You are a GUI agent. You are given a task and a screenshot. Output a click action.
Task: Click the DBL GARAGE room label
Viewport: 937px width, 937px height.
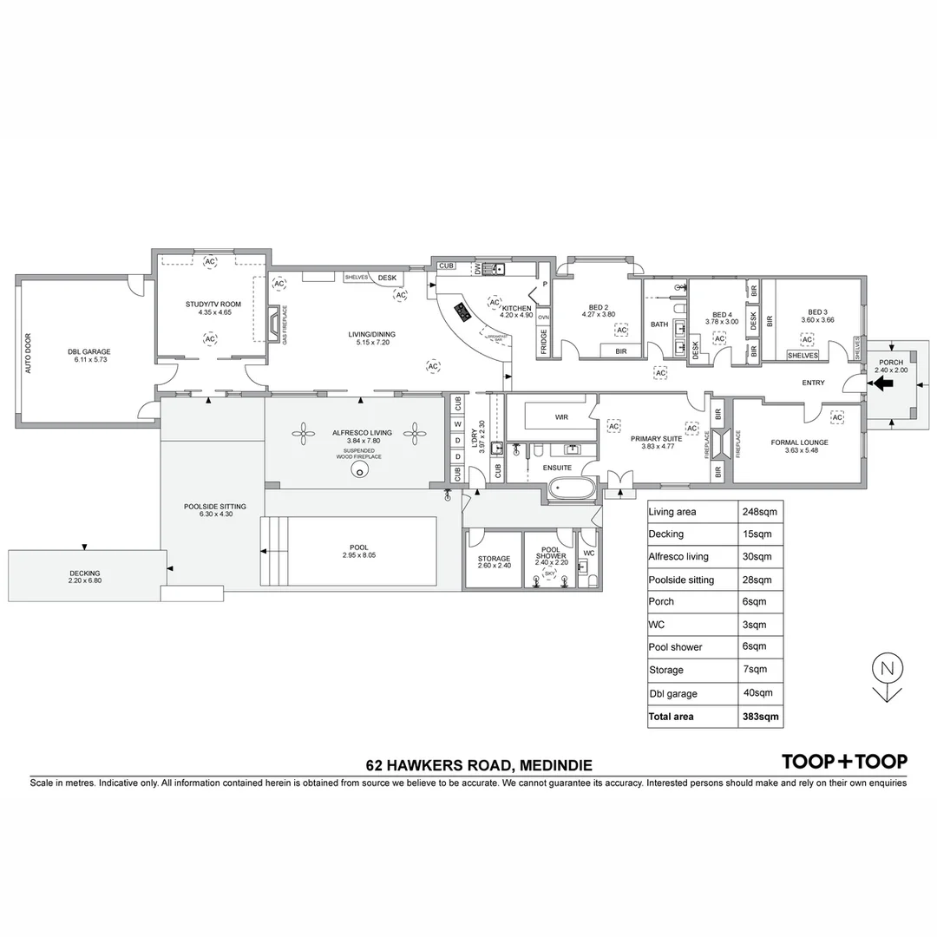click(x=88, y=352)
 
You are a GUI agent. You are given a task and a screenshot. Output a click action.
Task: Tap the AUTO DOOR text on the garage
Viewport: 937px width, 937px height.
click(x=28, y=353)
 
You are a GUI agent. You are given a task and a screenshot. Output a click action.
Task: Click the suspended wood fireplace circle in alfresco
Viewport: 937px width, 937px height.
click(x=360, y=469)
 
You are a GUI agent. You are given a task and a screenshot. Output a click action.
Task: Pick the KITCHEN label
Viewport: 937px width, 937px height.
click(x=516, y=308)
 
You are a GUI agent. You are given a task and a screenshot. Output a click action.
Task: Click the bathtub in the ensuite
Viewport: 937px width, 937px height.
click(x=571, y=488)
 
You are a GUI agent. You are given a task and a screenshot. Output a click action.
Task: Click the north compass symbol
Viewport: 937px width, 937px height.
click(x=887, y=669)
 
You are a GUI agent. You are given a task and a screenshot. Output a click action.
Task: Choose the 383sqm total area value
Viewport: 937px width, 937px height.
click(x=760, y=717)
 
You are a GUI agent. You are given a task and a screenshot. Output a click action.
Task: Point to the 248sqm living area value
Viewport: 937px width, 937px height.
click(x=760, y=512)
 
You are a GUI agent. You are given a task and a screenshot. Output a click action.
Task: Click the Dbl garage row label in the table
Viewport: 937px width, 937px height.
click(x=672, y=694)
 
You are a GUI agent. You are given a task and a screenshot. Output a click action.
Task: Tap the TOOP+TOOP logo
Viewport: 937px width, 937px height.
click(x=844, y=762)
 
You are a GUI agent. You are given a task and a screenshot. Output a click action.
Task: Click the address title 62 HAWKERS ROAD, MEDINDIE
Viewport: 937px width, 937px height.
click(x=479, y=766)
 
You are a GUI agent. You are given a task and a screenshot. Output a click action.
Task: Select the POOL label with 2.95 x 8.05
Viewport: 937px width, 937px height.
click(x=358, y=547)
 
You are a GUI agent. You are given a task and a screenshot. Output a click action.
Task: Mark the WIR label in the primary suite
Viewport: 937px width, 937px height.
click(x=561, y=417)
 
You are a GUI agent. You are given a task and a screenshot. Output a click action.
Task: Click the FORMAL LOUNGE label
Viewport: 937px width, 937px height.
click(x=799, y=442)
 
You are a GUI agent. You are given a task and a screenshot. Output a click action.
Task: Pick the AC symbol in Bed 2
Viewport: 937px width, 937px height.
click(x=621, y=330)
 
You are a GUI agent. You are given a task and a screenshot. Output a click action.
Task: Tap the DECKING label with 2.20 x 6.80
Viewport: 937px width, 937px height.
click(x=85, y=573)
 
